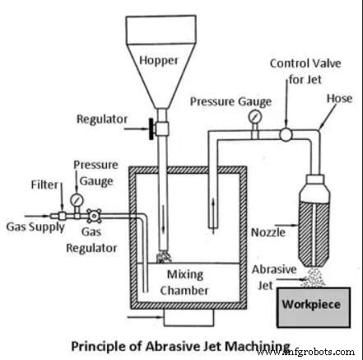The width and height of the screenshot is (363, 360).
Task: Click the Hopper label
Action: point(159,60)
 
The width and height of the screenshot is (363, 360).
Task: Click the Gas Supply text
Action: point(30,223)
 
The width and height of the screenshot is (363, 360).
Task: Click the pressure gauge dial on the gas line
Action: point(77,199)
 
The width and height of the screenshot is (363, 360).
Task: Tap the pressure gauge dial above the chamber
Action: point(253,119)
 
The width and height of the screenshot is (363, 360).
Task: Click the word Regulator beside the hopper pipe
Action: point(104,119)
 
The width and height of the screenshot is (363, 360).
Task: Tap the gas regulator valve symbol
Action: point(94,214)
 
